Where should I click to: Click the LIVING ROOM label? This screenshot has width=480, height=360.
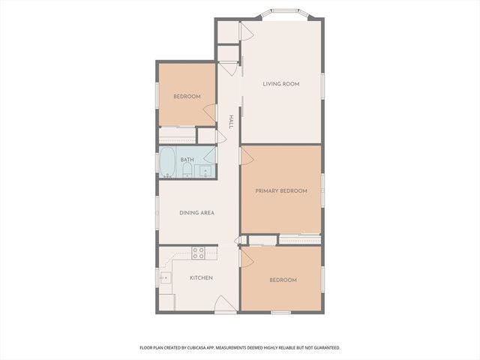(x=281, y=84)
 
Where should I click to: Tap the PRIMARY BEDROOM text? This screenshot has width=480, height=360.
(x=281, y=191)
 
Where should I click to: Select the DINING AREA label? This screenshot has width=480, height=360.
(x=196, y=213)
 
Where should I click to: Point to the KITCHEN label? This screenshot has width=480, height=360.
(x=201, y=278)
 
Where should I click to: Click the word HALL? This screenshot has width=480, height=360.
(x=231, y=121)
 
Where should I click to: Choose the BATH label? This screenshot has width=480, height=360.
(x=187, y=159)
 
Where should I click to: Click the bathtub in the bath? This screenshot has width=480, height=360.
(x=166, y=163)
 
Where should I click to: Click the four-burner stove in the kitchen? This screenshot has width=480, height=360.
(x=198, y=253)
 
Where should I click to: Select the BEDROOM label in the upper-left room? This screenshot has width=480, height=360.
(x=187, y=97)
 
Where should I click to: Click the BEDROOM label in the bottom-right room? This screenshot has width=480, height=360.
(x=283, y=280)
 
